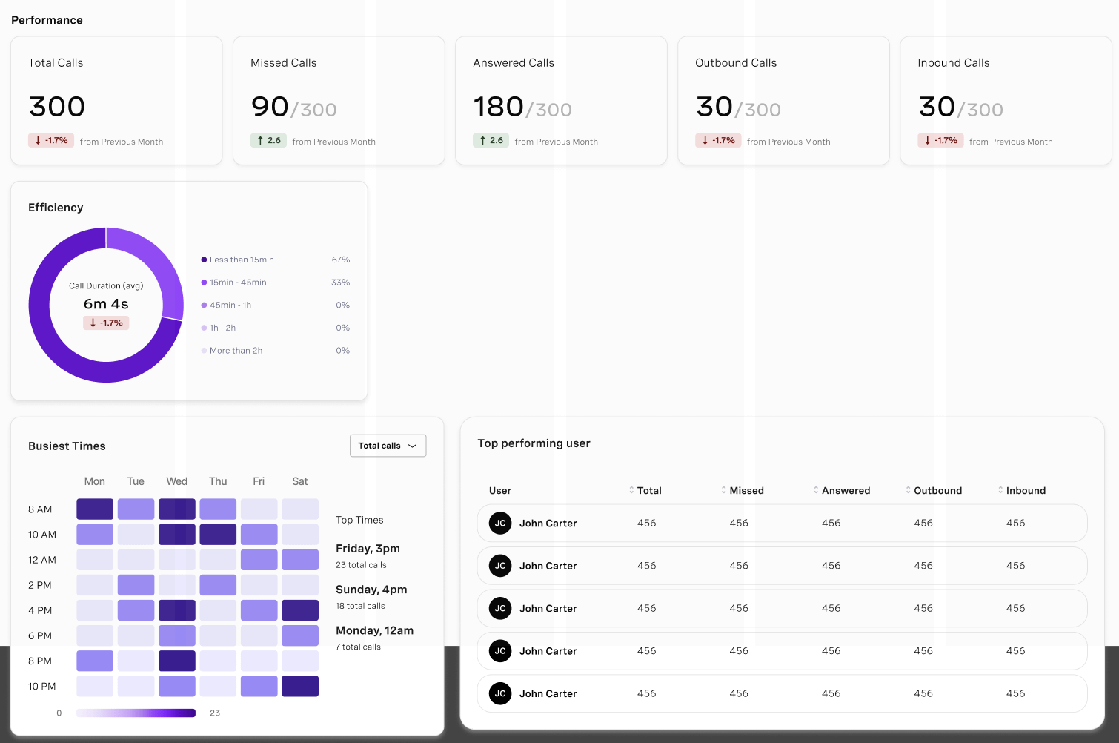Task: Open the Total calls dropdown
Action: click(388, 446)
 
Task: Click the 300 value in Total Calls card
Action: click(57, 107)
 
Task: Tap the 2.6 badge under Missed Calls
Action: click(269, 140)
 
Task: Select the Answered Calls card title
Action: click(514, 63)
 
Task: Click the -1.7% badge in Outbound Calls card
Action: click(718, 140)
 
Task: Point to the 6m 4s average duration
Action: click(106, 304)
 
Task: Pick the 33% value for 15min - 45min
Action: click(340, 283)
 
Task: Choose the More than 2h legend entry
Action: click(236, 351)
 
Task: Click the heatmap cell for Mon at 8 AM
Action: click(95, 509)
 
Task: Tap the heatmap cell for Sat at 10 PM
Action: click(300, 686)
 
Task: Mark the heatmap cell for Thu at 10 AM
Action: click(218, 535)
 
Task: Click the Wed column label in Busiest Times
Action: click(177, 481)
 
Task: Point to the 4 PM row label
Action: click(40, 610)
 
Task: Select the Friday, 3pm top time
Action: click(368, 549)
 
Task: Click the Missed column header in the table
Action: click(746, 490)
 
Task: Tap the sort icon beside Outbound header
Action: click(908, 490)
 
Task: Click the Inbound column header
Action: click(1026, 490)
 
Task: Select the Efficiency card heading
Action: click(56, 208)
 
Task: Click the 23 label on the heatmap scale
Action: click(215, 713)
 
